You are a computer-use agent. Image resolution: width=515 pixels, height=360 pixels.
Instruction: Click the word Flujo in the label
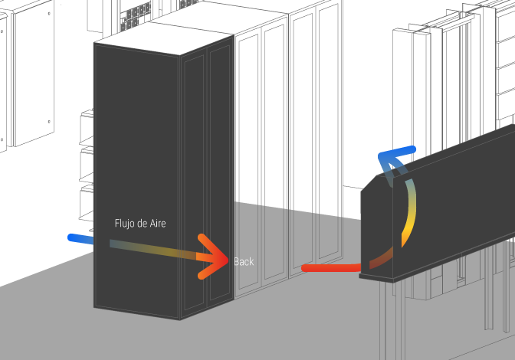pos(124,224)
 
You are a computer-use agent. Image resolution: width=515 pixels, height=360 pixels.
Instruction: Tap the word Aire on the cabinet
pos(158,224)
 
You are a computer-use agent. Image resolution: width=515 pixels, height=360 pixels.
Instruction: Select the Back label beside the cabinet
pos(244,261)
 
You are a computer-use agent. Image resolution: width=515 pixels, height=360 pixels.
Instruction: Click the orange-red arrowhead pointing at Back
pos(214,257)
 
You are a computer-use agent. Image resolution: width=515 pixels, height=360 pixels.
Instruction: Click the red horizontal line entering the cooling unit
pos(331,268)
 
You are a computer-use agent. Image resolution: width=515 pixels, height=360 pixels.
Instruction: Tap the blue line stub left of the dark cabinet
pos(80,238)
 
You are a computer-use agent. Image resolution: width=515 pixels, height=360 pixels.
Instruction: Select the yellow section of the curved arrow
pos(409,217)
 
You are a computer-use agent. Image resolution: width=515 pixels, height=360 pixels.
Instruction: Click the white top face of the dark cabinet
pos(163,38)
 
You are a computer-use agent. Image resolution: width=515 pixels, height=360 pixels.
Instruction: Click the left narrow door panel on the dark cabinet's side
pos(194,182)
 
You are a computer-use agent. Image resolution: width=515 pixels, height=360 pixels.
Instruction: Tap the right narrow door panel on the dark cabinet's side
pos(220,171)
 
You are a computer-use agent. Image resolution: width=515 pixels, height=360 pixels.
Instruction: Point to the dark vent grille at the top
pos(136,15)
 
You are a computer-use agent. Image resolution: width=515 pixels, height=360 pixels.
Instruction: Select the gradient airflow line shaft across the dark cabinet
pos(153,250)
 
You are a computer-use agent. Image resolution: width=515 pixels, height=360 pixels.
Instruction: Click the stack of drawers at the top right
pos(506,66)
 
